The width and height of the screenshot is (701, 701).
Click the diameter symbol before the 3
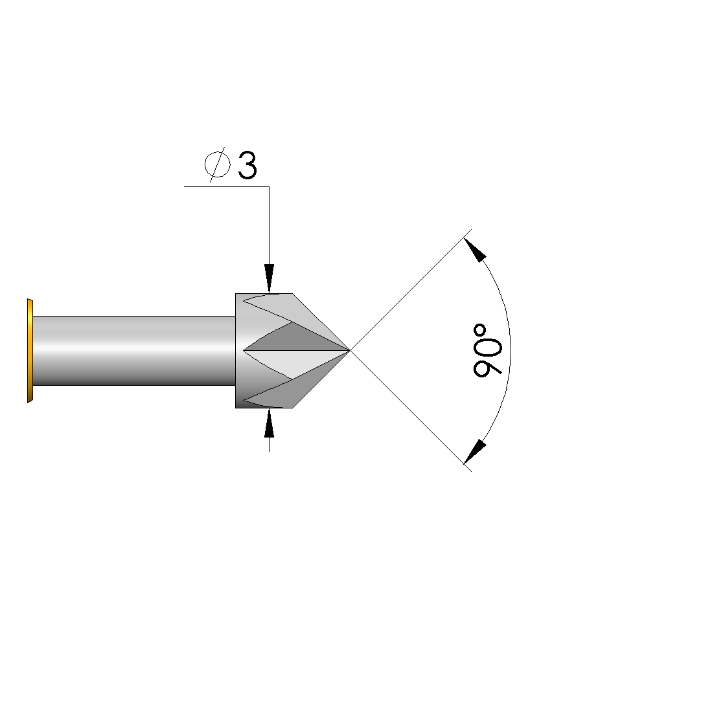[x=218, y=164]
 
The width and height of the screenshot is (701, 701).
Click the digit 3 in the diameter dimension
[x=247, y=165]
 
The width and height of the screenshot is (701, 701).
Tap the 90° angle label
[x=487, y=350]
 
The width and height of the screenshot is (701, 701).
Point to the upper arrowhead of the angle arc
[x=475, y=250]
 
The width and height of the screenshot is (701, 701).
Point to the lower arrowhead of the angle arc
[x=475, y=452]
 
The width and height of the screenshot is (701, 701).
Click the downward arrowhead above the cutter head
[x=269, y=278]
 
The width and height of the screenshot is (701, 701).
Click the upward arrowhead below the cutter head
[x=269, y=423]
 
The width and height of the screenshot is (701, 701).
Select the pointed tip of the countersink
[x=349, y=350]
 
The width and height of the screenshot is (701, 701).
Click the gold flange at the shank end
[x=30, y=351]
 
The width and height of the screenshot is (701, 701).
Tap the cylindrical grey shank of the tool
[x=134, y=351]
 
